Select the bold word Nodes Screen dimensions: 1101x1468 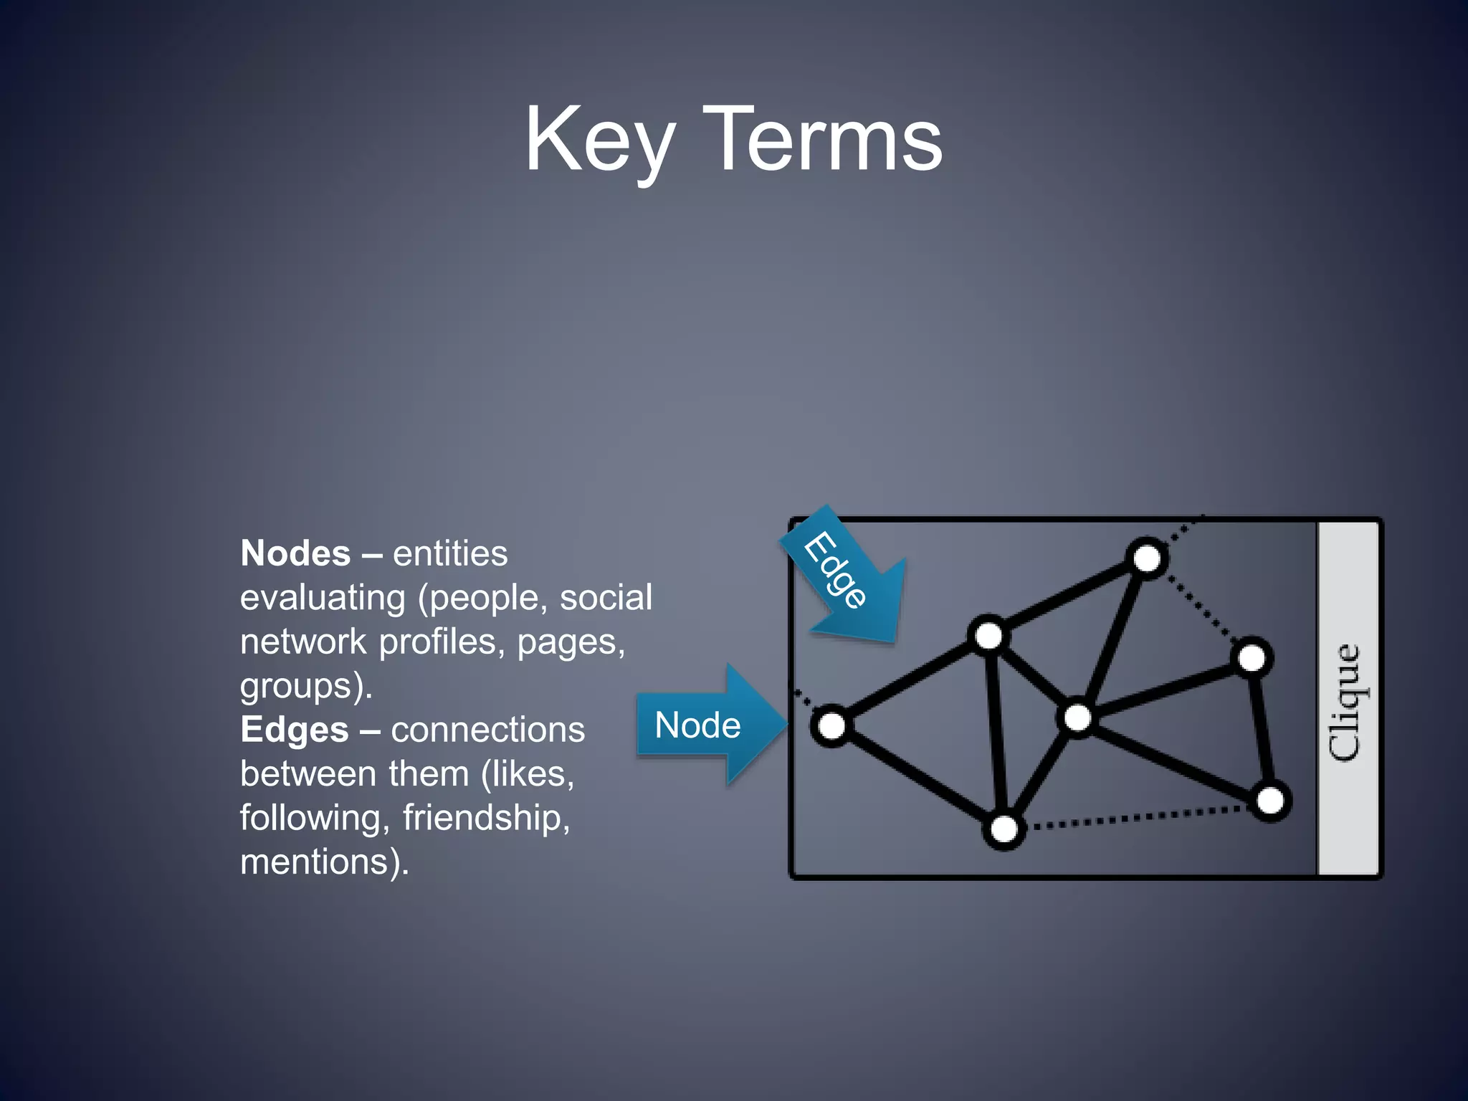tap(295, 553)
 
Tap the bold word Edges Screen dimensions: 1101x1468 tap(294, 730)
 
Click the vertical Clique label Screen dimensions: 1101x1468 tap(1347, 699)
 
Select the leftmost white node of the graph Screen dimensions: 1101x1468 tap(831, 725)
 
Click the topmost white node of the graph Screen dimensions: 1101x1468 tap(1147, 558)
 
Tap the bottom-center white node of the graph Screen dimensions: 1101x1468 tap(1004, 829)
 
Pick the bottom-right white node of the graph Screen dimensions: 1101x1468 tap(1270, 801)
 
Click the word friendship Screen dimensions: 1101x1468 tap(485, 818)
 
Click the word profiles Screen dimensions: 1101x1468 tap(437, 642)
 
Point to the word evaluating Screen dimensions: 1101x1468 tap(323, 598)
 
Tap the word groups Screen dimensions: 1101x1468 tap(301, 687)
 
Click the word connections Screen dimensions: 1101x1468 tap(487, 730)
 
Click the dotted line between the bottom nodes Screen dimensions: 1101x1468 tap(1140, 817)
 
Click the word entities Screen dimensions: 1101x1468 tap(450, 553)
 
